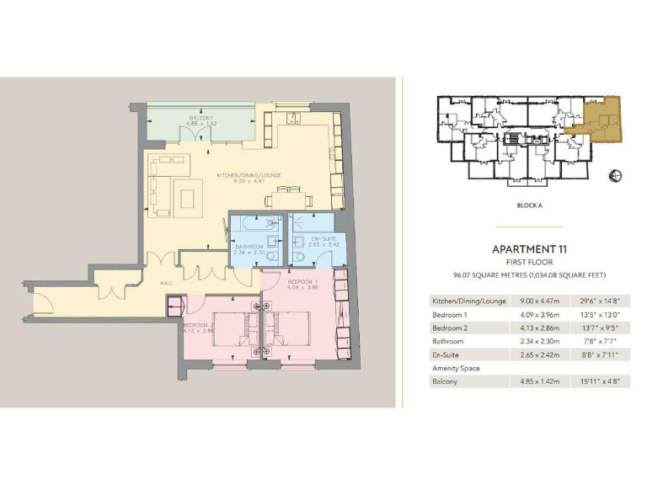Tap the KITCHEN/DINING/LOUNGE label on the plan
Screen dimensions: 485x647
pos(249,176)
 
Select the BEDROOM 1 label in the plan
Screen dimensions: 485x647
pos(302,281)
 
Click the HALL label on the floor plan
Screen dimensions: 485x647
pos(167,283)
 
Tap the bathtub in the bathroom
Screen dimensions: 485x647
pos(256,226)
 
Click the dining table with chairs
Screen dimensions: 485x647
pos(288,200)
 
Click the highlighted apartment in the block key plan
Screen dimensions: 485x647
pos(603,118)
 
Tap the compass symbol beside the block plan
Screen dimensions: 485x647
pos(616,175)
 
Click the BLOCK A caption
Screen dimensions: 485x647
pos(528,205)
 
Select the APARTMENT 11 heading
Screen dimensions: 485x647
pos(527,249)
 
